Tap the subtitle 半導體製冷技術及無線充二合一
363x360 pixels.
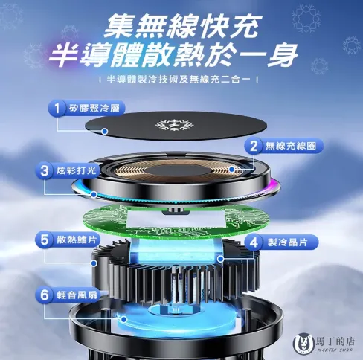click(181, 80)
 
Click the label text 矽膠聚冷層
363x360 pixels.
click(94, 109)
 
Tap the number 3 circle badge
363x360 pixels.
click(45, 171)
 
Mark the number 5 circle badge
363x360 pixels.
click(45, 240)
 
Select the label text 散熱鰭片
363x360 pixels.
click(79, 240)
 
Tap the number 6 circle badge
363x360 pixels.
click(45, 294)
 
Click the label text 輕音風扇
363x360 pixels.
click(79, 294)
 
